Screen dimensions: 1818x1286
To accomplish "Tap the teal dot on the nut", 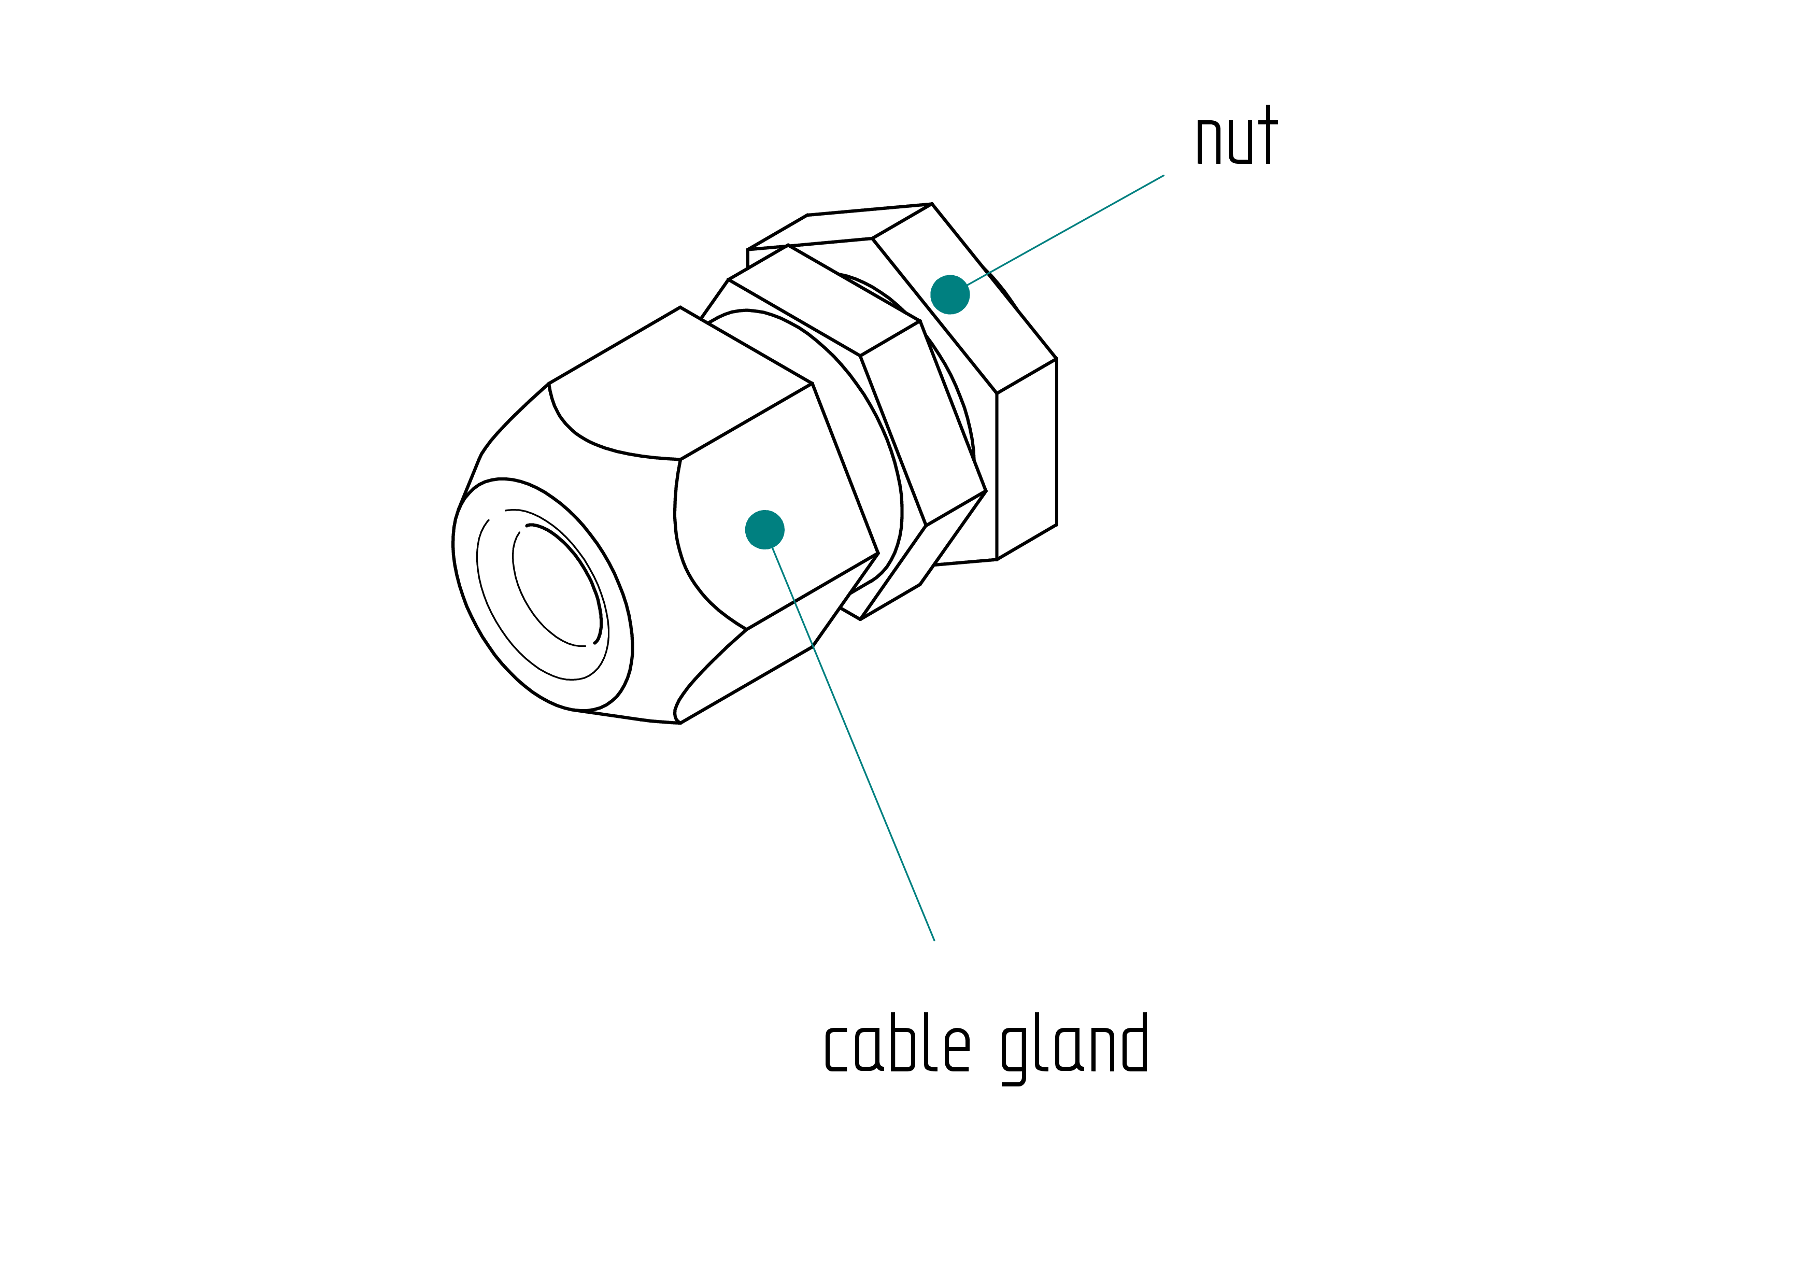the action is click(x=949, y=294).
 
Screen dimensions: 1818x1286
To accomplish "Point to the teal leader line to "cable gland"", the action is click(x=853, y=744).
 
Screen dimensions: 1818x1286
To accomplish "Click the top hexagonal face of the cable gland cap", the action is click(x=680, y=383).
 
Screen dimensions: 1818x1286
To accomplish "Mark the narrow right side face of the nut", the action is click(x=1026, y=459).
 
